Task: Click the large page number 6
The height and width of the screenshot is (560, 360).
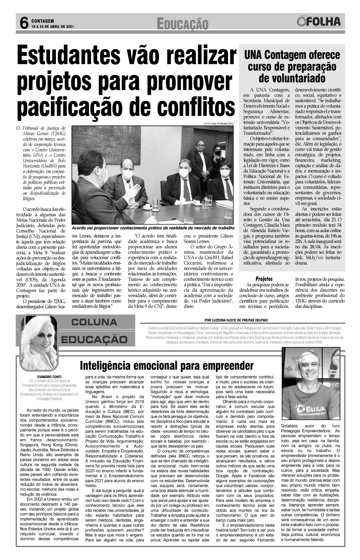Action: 23,23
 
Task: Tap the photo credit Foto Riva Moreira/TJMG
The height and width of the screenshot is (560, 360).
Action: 219,123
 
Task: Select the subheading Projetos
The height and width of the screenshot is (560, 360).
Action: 264,279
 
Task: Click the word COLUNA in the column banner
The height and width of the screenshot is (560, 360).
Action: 94,322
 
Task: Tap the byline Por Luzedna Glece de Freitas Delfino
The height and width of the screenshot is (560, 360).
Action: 236,320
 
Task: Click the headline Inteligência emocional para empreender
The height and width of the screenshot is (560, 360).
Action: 167,366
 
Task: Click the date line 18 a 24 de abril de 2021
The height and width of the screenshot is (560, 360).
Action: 52,26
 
